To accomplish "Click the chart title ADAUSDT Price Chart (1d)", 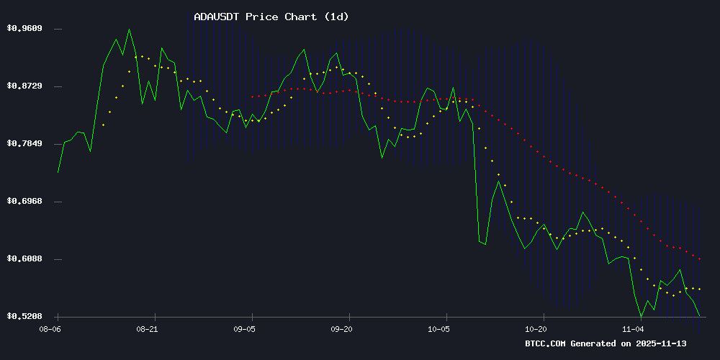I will coord(271,17).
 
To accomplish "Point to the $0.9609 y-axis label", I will coord(24,29).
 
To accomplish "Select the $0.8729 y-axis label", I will coord(24,86).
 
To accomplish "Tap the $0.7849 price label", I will coord(24,144).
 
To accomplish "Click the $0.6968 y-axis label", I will coord(24,202).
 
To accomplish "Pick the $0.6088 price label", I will coord(24,259).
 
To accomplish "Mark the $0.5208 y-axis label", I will coord(24,317).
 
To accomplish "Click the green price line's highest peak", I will coord(129,30).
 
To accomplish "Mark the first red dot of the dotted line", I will coord(252,96).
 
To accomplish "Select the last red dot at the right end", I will coord(699,258).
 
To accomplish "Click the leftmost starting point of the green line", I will coord(58,172).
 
